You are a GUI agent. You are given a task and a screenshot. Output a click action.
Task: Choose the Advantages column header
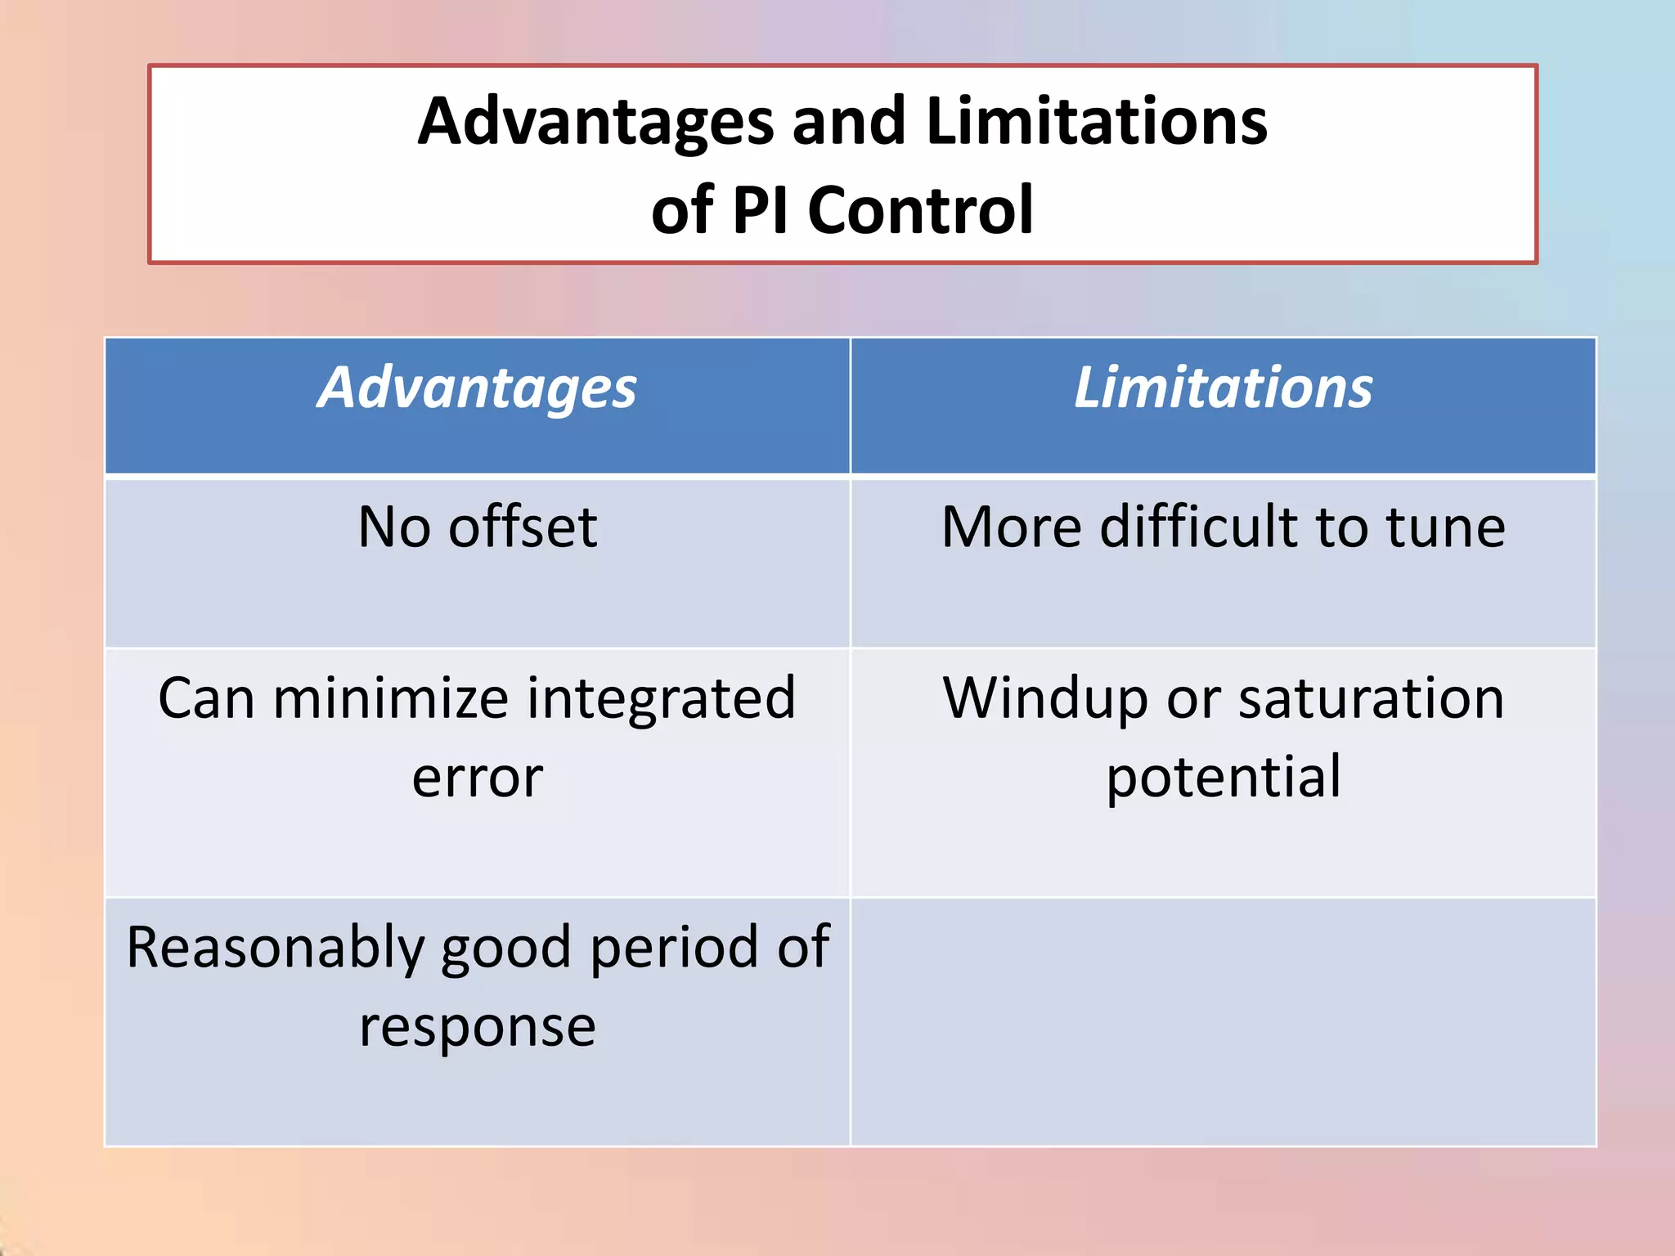tap(477, 388)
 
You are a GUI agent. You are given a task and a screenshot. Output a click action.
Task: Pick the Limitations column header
tap(1223, 388)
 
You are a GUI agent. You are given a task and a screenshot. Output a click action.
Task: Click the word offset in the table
tap(523, 527)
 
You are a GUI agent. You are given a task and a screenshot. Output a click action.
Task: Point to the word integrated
tap(661, 699)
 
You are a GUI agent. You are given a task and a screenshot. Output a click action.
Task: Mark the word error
tap(477, 778)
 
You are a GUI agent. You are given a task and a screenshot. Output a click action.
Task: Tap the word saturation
tap(1371, 699)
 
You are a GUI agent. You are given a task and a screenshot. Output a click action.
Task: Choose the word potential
tap(1223, 778)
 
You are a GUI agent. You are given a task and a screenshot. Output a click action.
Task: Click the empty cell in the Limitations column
tap(1223, 1022)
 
